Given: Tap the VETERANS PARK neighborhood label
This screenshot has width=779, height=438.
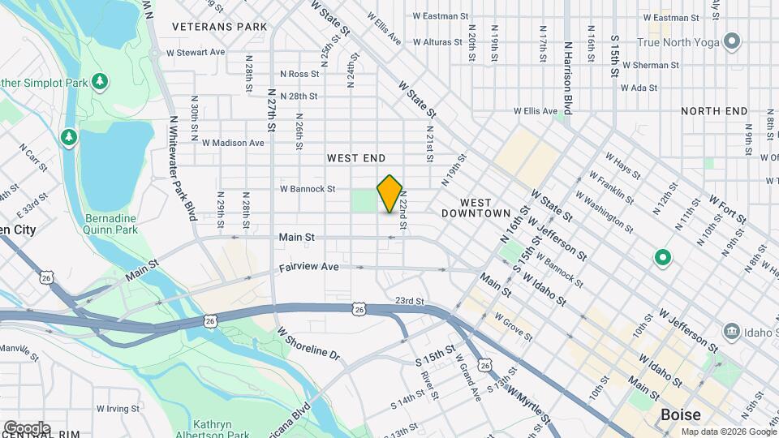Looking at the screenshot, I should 220,27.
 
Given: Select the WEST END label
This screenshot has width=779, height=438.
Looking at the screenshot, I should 356,158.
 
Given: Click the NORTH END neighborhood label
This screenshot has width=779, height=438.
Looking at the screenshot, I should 714,111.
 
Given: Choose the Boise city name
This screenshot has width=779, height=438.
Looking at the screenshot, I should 680,414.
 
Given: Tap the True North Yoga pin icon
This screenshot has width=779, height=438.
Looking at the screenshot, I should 732,41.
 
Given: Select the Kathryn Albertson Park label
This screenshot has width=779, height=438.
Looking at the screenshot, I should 226,430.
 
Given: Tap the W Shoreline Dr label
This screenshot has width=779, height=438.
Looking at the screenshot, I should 307,344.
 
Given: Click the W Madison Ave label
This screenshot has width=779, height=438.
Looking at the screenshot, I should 234,143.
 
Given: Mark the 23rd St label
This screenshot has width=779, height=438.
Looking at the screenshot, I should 409,300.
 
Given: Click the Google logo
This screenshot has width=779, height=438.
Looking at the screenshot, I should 27,427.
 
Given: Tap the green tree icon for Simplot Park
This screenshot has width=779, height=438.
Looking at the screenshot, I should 100,81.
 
